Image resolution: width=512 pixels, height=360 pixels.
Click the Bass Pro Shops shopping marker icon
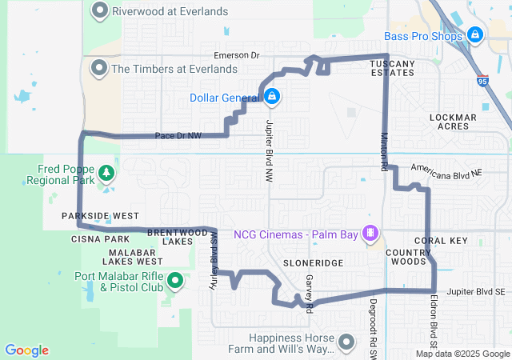click(x=474, y=35)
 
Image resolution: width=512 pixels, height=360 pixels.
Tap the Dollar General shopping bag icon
click(x=272, y=97)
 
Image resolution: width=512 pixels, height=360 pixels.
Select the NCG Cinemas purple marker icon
click(x=370, y=234)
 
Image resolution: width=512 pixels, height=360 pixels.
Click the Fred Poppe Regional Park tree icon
click(x=105, y=174)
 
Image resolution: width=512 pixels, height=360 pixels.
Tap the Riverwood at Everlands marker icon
click(x=100, y=11)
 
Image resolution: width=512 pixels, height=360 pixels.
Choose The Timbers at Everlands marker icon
click(x=100, y=68)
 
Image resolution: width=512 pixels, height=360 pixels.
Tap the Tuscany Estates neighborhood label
click(x=392, y=67)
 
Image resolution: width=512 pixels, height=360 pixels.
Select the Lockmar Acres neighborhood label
click(x=453, y=122)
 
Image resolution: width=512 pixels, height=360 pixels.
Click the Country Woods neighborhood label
click(x=407, y=257)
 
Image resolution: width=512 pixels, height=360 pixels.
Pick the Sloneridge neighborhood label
click(x=314, y=262)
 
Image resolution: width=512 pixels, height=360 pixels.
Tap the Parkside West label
click(x=100, y=216)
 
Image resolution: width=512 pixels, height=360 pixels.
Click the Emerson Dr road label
click(x=237, y=55)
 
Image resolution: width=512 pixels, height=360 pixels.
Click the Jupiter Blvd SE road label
click(x=477, y=292)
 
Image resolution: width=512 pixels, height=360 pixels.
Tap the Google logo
click(x=26, y=350)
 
